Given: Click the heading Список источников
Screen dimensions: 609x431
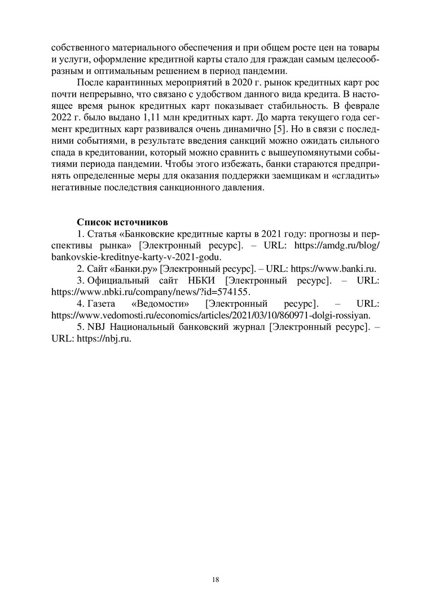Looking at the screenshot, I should coord(122,221).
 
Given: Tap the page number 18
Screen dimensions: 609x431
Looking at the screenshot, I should coord(216,579).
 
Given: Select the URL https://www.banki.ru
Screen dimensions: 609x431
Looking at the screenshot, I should coord(333,268).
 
